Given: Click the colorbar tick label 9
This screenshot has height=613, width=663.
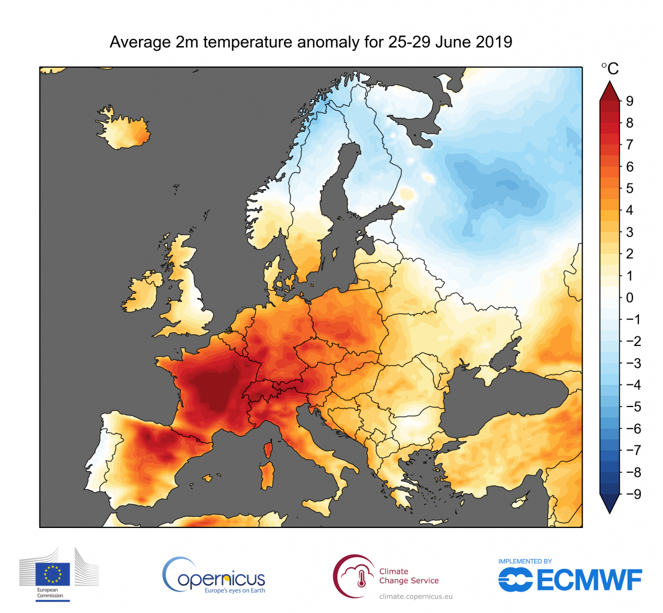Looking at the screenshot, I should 629,101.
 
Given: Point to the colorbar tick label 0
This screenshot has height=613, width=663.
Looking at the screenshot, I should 629,298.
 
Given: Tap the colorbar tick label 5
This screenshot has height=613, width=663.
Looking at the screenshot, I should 629,189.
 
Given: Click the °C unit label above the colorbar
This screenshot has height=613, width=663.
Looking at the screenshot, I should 609,69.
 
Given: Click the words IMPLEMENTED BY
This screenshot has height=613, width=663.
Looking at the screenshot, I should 525,562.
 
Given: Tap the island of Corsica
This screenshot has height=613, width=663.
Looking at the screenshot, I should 269,448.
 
